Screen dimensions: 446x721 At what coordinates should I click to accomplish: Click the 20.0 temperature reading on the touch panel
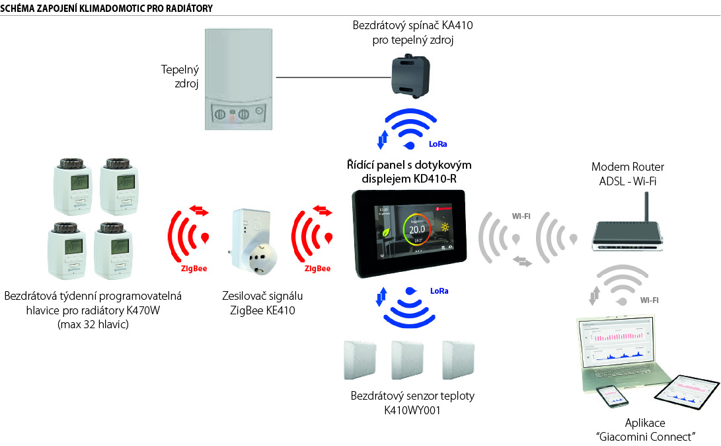tap(417, 229)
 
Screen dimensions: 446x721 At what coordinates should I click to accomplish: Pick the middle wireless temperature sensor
tap(408, 361)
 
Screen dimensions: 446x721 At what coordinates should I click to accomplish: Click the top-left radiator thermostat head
tap(73, 185)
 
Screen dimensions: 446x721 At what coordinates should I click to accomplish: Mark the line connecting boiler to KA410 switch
tap(330, 77)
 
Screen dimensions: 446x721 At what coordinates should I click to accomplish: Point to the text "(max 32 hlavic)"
tap(93, 324)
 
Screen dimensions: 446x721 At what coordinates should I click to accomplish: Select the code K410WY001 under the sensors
tap(412, 410)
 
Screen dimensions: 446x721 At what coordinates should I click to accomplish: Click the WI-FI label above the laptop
tap(649, 300)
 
